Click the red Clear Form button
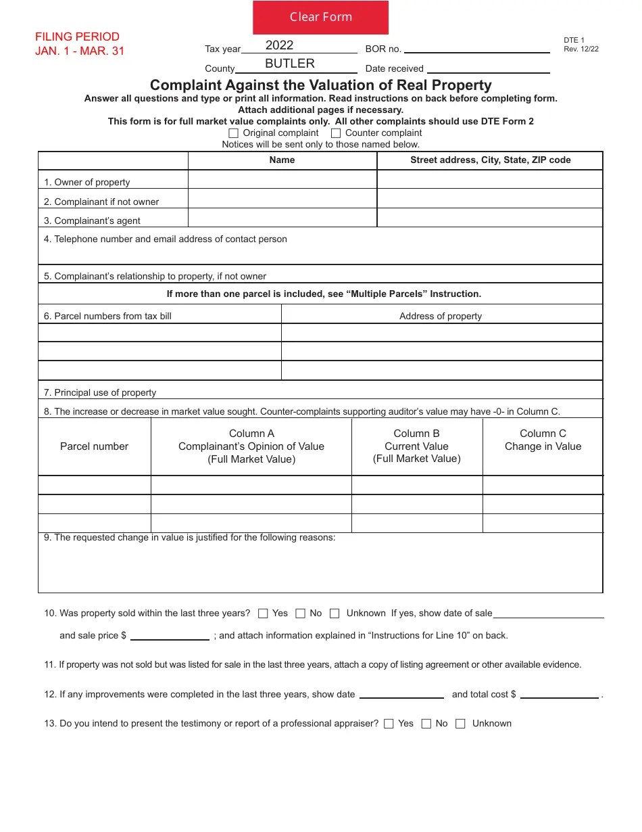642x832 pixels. (x=320, y=18)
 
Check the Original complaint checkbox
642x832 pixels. (x=234, y=133)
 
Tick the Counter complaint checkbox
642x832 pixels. (x=336, y=133)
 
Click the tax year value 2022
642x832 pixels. (x=279, y=45)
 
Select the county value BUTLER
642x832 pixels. (x=289, y=64)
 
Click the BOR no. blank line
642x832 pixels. (x=476, y=48)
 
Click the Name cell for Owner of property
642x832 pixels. (x=282, y=179)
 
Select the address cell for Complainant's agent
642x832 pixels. (x=489, y=218)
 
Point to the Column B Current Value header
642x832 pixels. (x=416, y=446)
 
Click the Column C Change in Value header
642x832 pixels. (x=543, y=440)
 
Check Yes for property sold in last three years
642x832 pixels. (x=263, y=614)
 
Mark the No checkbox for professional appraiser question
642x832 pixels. (x=426, y=724)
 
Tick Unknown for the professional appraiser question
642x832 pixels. (x=460, y=724)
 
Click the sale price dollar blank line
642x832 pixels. (x=170, y=635)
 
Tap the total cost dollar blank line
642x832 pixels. (x=559, y=694)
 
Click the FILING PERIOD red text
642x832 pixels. (x=77, y=37)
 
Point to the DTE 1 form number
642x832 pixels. (x=574, y=41)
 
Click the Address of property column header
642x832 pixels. (x=441, y=316)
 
